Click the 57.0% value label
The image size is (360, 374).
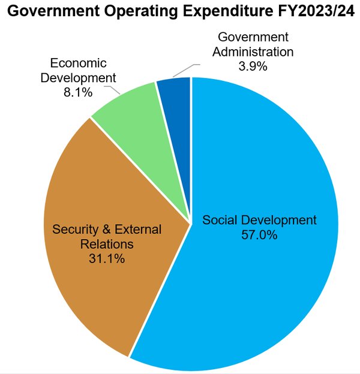pyautogui.click(x=259, y=236)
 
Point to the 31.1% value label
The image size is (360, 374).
pyautogui.click(x=107, y=260)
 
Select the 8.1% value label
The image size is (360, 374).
pyautogui.click(x=79, y=93)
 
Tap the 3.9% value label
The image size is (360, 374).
pyautogui.click(x=253, y=67)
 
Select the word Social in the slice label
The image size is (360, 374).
pyautogui.click(x=219, y=220)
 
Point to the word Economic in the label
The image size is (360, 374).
pyautogui.click(x=78, y=63)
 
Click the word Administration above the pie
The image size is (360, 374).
pyautogui.click(x=253, y=52)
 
